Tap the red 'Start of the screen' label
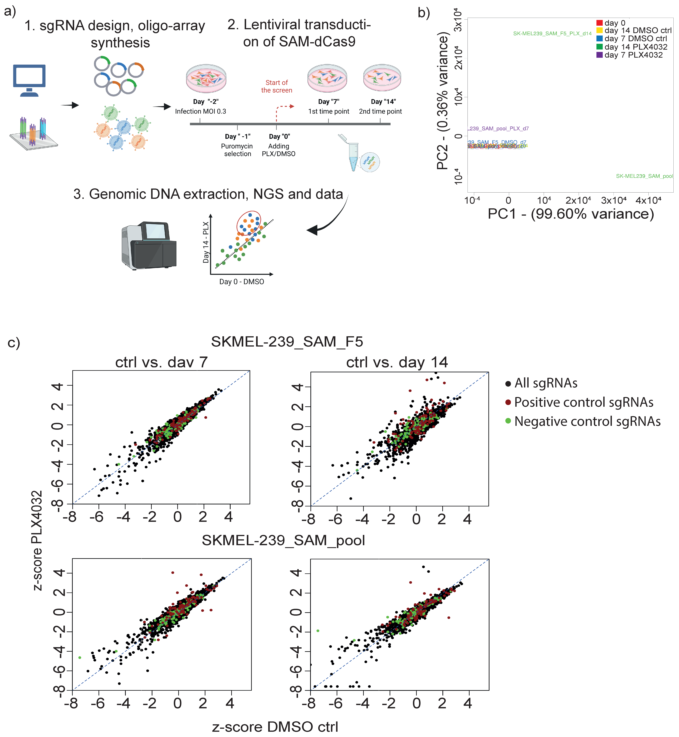(277, 86)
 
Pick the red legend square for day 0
(599, 23)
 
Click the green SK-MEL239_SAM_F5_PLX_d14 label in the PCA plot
(552, 33)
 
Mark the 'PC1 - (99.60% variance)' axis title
(571, 214)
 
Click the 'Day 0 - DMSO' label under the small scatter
(241, 282)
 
